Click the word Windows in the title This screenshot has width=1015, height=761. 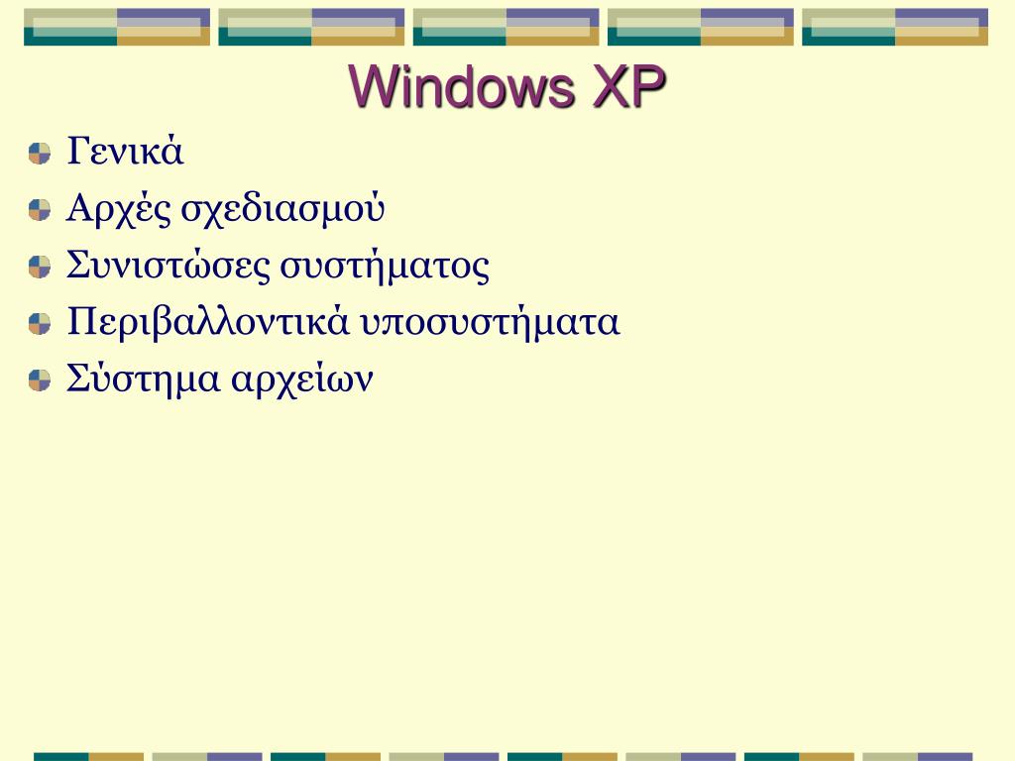[x=461, y=88]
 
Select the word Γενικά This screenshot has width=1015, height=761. [x=126, y=153]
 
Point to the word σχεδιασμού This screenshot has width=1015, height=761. [x=282, y=209]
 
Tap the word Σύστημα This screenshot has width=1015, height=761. [x=142, y=380]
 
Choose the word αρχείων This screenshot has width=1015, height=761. [x=301, y=380]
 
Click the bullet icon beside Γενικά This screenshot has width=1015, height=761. [x=39, y=154]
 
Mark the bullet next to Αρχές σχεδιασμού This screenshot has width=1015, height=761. [x=39, y=210]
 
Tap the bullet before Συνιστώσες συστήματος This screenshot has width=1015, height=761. [x=39, y=267]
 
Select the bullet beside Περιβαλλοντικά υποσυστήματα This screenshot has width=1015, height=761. [x=39, y=324]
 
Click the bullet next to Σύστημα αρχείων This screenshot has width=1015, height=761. [x=39, y=380]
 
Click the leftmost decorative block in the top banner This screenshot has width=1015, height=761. [x=117, y=27]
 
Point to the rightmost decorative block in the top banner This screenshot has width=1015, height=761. [x=895, y=27]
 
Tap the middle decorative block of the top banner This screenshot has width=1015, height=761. [x=507, y=27]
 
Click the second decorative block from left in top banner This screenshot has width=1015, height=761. [x=311, y=27]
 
